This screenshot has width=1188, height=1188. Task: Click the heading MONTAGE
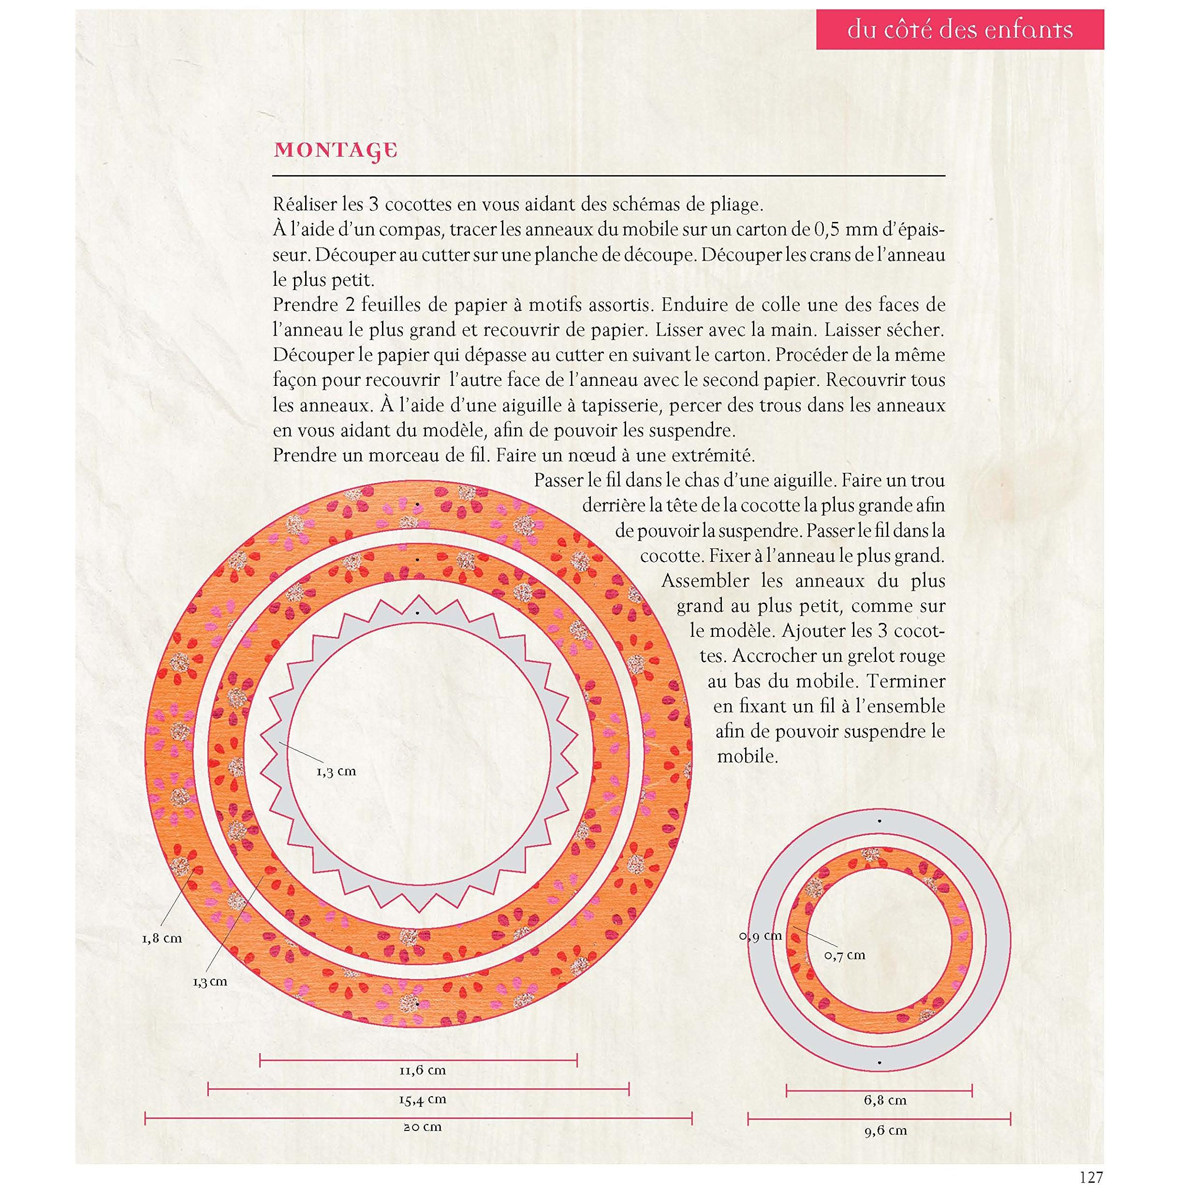tap(336, 151)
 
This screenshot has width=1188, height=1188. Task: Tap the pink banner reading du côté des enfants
tap(960, 29)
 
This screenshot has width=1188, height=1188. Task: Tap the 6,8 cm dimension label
tap(885, 1100)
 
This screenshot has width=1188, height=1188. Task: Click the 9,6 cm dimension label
tap(885, 1130)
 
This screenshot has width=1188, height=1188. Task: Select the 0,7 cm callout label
tap(844, 955)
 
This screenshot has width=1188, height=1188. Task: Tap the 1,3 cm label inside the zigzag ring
tap(337, 771)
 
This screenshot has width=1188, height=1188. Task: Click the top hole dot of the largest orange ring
tap(417, 504)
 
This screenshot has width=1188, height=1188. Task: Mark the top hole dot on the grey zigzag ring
tap(418, 613)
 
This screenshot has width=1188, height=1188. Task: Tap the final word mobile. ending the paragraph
tap(748, 756)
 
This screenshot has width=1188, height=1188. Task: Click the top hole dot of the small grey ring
tap(880, 820)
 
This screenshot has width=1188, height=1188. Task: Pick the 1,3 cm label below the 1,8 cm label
tap(210, 982)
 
